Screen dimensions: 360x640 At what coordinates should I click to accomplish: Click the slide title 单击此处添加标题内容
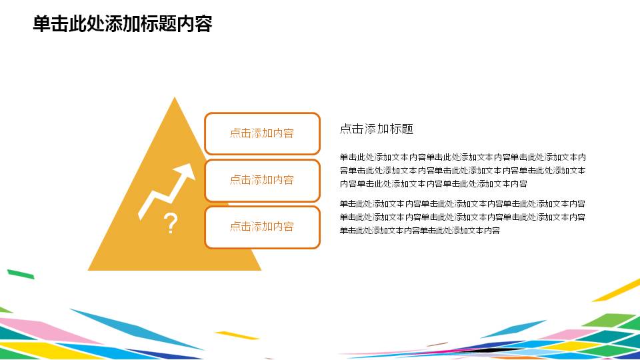point(122,24)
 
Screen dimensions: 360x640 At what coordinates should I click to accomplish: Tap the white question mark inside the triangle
point(171,224)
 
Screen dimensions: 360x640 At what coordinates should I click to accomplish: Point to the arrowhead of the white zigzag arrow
point(189,170)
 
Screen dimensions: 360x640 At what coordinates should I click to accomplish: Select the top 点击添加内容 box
point(262,133)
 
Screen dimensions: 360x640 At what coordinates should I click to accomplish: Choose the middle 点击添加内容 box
point(262,180)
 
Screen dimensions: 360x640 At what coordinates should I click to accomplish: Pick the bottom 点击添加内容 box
point(262,227)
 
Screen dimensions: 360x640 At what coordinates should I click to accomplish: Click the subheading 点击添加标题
point(377,129)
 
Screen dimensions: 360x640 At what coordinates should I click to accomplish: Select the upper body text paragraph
point(463,171)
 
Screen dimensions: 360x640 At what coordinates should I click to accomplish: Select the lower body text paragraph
point(463,217)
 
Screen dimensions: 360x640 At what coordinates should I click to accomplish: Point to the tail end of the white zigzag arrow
point(141,216)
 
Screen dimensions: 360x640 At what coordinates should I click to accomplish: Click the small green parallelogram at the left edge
point(20,273)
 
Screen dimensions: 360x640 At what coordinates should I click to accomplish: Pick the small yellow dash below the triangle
point(237,335)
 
